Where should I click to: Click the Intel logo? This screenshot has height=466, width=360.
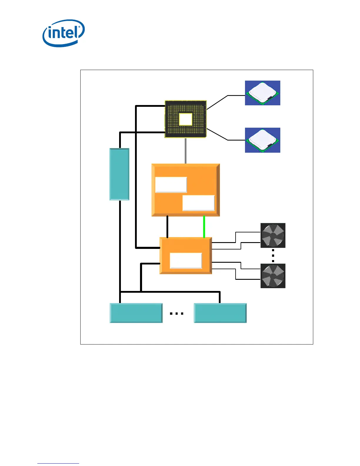(64, 33)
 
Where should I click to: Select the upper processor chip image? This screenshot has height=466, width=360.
(262, 93)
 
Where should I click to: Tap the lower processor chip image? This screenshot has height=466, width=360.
(262, 140)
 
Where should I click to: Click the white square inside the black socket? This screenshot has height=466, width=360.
(186, 119)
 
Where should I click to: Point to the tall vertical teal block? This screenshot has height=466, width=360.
(119, 174)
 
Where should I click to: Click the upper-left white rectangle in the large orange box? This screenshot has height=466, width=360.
(171, 185)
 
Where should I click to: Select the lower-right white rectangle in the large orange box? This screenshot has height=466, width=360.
(199, 203)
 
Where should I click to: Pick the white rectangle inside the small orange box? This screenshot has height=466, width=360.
(186, 261)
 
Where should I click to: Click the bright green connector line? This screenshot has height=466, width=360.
(204, 227)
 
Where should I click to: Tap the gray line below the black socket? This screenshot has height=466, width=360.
(185, 151)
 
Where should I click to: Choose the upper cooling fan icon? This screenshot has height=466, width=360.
(273, 235)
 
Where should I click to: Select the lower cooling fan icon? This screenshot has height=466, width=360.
(273, 276)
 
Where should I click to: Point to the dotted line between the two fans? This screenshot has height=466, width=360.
(273, 255)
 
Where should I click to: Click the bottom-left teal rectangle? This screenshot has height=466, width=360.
(136, 313)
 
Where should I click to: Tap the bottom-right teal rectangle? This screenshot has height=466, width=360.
(220, 313)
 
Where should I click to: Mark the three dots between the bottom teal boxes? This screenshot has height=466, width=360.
(176, 314)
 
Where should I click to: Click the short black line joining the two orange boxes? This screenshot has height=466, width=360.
(167, 227)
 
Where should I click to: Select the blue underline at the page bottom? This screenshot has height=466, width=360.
(58, 463)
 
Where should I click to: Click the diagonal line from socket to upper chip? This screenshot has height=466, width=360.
(217, 102)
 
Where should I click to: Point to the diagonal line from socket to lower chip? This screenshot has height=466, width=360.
(217, 134)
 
